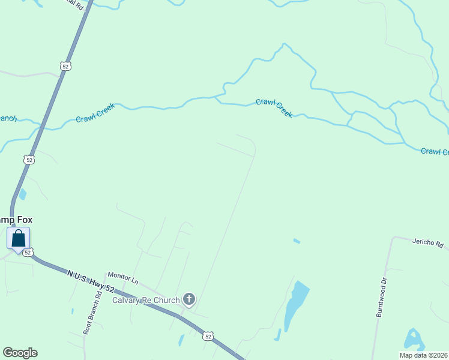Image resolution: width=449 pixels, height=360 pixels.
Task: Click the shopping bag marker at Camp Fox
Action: coord(18,238)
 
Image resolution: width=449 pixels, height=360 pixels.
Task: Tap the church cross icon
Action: coord(189,299)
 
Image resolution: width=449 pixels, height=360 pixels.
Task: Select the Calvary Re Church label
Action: coord(146,301)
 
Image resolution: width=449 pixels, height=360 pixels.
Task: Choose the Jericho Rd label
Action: coord(427,244)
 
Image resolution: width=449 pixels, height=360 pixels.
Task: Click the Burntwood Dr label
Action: coord(379,298)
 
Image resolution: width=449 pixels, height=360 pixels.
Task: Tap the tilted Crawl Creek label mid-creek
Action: coord(274,108)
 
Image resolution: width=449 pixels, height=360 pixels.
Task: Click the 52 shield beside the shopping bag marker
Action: coord(28,253)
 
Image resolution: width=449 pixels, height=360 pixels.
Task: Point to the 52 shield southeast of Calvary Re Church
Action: coord(208,337)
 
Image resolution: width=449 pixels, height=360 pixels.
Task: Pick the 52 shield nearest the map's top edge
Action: coord(66,65)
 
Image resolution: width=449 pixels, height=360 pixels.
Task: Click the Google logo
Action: coord(20,353)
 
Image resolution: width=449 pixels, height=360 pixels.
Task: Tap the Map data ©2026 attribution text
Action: coord(423,355)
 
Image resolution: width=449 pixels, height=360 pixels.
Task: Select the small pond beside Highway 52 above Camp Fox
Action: coord(23,194)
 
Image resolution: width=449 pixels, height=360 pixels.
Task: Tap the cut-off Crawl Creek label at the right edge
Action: coord(435,151)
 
